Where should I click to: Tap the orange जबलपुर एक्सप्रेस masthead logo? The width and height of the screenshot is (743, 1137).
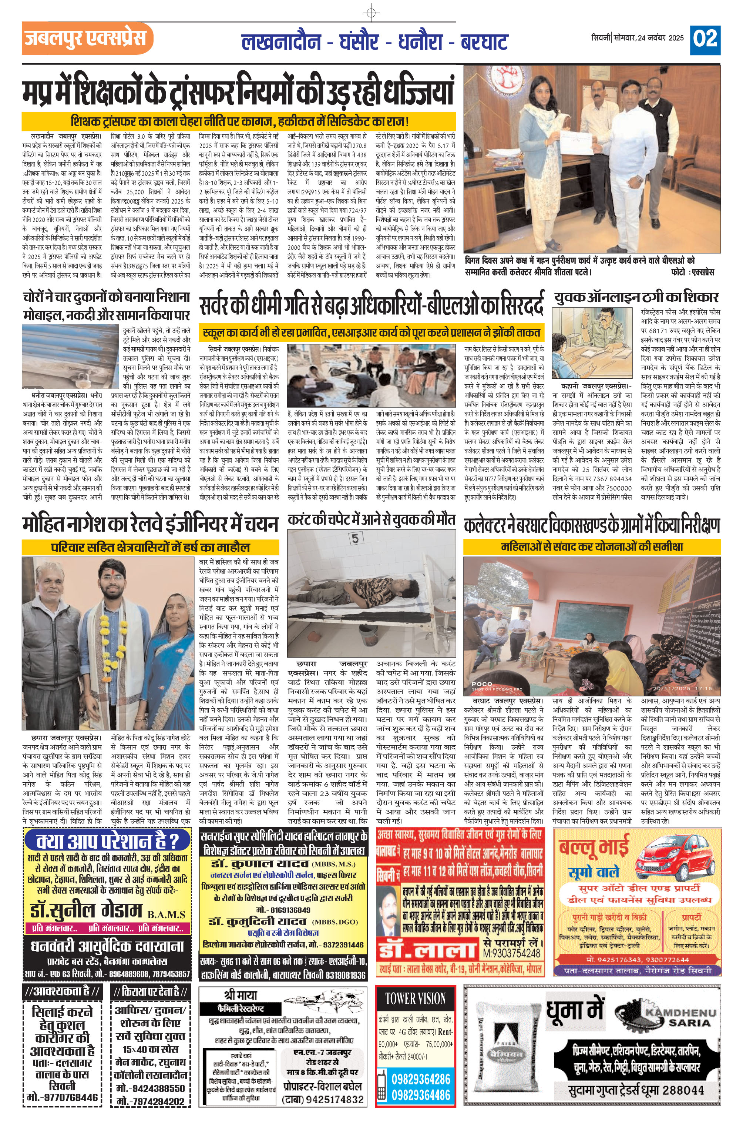(x=87, y=38)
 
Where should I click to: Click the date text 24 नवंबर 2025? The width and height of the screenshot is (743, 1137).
(x=659, y=38)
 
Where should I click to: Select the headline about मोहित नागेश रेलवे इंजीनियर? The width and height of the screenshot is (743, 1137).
(x=149, y=525)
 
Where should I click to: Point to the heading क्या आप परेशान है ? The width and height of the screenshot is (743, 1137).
(x=107, y=840)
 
